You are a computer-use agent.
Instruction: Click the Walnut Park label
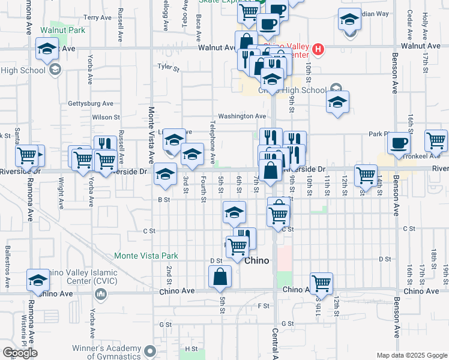(63, 30)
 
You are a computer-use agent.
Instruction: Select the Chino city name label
(258, 261)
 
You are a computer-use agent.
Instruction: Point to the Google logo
(20, 353)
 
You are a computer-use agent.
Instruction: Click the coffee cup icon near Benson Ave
(398, 143)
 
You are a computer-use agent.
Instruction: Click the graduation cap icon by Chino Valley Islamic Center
(38, 280)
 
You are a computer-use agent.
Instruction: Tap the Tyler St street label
(169, 68)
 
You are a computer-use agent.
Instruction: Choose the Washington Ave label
(241, 116)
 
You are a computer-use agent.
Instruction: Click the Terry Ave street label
(99, 18)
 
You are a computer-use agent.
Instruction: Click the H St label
(191, 349)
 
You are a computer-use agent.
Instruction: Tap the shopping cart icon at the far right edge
(436, 140)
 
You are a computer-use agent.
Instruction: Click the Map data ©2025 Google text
(411, 355)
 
